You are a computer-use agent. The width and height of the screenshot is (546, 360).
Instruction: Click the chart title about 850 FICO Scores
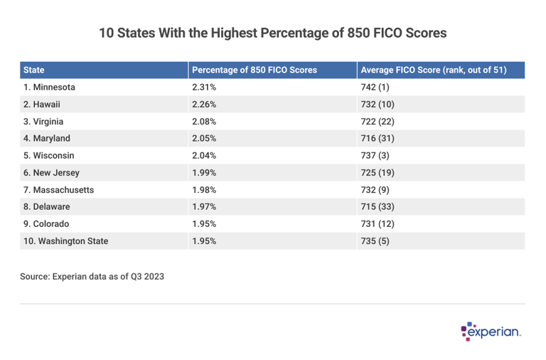click(x=273, y=33)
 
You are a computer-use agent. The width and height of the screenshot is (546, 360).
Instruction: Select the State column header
click(x=34, y=70)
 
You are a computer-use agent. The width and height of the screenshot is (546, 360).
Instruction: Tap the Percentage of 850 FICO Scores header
click(x=255, y=70)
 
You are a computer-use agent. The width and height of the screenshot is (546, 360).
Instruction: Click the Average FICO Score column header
click(x=433, y=70)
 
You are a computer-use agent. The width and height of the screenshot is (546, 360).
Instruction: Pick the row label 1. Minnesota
click(x=49, y=88)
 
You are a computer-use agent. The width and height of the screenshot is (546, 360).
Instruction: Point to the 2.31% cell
click(x=203, y=88)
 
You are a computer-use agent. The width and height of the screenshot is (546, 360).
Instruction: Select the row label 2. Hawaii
click(x=42, y=105)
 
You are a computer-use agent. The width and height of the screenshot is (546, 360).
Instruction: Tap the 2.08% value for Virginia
click(x=203, y=122)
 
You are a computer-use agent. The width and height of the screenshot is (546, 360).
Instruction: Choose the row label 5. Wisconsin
click(x=49, y=156)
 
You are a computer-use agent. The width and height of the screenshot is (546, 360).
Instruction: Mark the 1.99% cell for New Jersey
click(x=203, y=173)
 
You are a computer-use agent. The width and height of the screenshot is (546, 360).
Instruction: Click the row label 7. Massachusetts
click(x=58, y=190)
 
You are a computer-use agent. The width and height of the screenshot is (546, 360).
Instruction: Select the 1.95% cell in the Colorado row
click(x=203, y=224)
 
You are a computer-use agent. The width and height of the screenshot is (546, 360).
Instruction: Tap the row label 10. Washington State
click(x=65, y=241)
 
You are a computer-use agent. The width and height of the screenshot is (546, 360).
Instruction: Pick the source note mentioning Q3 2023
click(x=92, y=276)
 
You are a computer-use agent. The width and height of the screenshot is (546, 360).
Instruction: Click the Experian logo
click(x=491, y=331)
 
